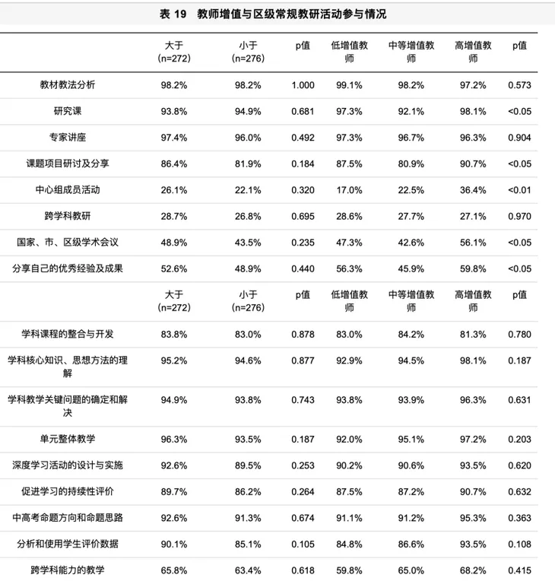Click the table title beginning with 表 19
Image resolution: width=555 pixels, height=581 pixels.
click(277, 14)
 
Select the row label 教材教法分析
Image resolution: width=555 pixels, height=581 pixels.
click(68, 85)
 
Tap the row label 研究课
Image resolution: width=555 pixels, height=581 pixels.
click(68, 111)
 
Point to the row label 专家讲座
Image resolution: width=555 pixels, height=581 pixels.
click(68, 138)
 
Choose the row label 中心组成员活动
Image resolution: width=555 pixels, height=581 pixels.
click(68, 190)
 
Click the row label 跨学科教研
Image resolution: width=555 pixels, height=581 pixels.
click(68, 217)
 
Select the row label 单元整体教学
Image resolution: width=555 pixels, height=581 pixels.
click(68, 439)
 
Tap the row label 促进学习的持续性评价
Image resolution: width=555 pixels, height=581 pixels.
click(68, 491)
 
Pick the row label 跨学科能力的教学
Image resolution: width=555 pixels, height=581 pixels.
click(68, 569)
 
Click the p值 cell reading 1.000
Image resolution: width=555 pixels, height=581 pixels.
click(303, 85)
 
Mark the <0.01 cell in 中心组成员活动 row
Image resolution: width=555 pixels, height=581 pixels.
click(520, 190)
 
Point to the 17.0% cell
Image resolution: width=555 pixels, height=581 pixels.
click(349, 190)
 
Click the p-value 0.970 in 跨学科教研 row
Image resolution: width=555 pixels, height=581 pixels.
click(520, 217)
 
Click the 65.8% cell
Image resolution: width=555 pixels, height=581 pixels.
click(174, 569)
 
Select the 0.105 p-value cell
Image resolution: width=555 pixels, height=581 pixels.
click(303, 543)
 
